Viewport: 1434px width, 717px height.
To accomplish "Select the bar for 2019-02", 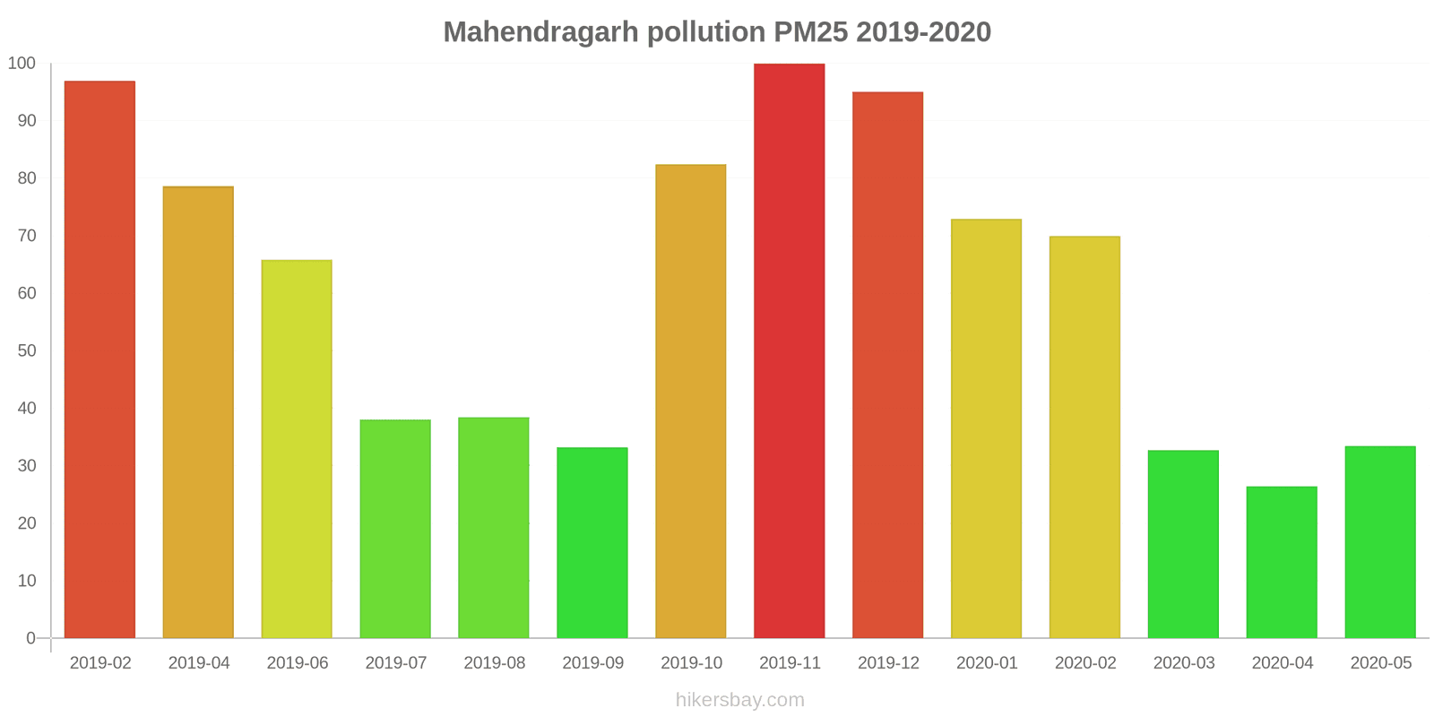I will click(99, 359).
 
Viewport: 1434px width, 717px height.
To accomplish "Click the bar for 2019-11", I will click(789, 350).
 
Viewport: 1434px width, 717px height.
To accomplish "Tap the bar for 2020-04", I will click(1282, 562).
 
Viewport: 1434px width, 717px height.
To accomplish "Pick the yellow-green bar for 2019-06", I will click(297, 449).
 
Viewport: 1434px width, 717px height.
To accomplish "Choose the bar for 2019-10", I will click(690, 401).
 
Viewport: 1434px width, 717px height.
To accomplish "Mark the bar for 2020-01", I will click(986, 428).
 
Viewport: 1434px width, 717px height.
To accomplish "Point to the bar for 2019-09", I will click(592, 542).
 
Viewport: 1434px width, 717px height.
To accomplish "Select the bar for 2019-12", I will click(887, 365).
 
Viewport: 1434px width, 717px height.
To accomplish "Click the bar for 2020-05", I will click(1380, 541).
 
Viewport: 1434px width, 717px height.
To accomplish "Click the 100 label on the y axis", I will click(22, 63).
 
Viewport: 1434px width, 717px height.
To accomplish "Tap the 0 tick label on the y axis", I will click(30, 638).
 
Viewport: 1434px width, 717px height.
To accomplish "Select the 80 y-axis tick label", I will click(26, 177).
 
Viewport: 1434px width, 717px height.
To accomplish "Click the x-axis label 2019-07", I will click(395, 663).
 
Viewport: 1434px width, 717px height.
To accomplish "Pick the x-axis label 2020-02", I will click(1085, 663).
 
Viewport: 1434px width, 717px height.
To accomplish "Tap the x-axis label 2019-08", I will click(494, 663).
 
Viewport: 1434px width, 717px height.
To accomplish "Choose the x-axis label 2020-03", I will click(1184, 663).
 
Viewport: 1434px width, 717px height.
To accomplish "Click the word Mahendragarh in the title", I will click(540, 32).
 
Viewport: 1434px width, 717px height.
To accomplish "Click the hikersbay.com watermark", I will click(739, 700).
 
